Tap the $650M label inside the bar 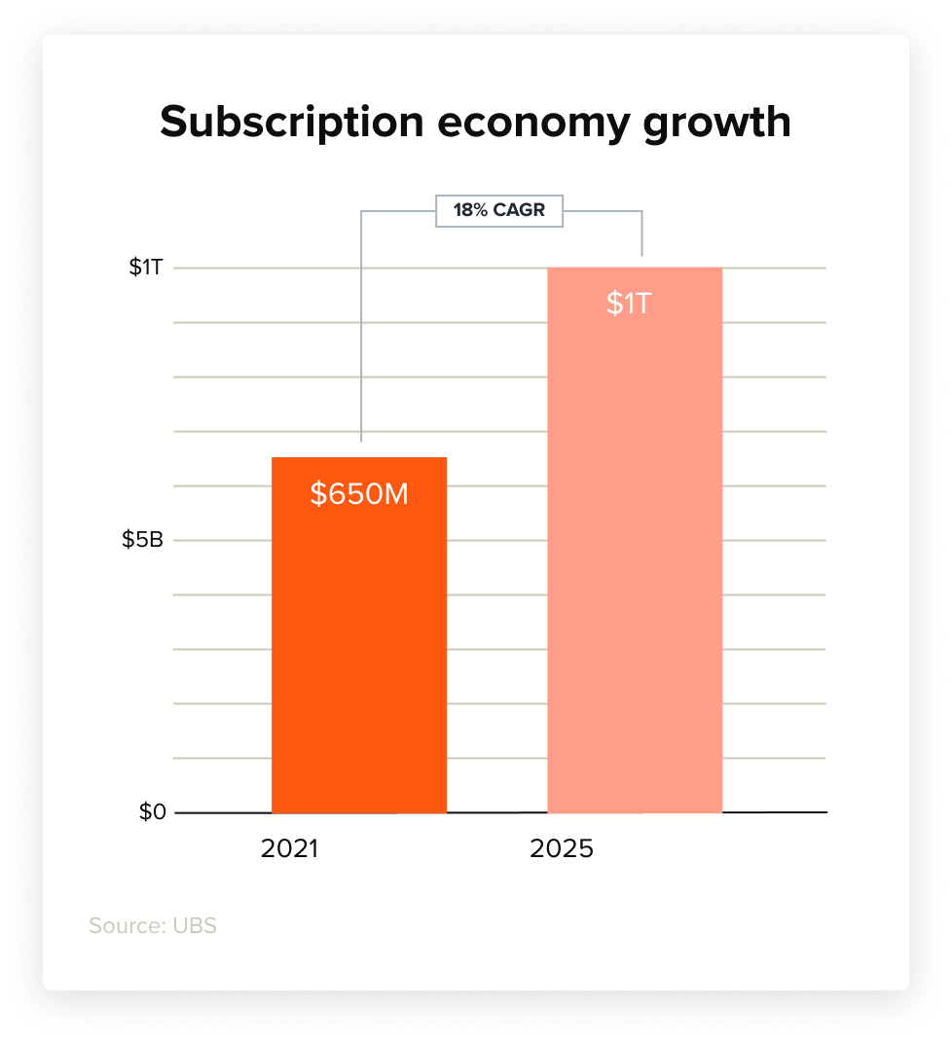[x=359, y=494]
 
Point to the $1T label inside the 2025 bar [x=628, y=304]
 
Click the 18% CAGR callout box [x=498, y=210]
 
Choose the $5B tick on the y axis [x=142, y=540]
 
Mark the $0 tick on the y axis [x=152, y=812]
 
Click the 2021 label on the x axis [x=290, y=848]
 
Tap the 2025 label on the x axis [x=562, y=848]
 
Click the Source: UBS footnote [x=153, y=925]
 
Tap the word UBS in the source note [x=195, y=925]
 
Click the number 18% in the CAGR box [x=470, y=210]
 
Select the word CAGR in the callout [x=520, y=210]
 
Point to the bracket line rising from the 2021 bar [x=361, y=331]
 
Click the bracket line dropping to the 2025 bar [x=641, y=233]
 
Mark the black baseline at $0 [x=779, y=812]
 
